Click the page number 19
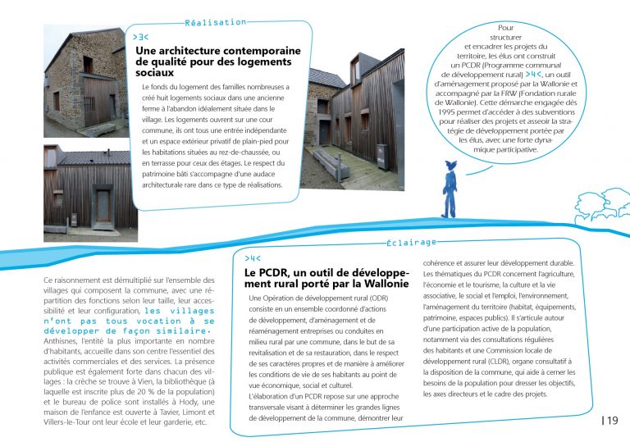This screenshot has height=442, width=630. coord(613,421)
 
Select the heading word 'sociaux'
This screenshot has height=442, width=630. coord(156,73)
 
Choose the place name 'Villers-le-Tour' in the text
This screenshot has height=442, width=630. coord(71,423)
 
